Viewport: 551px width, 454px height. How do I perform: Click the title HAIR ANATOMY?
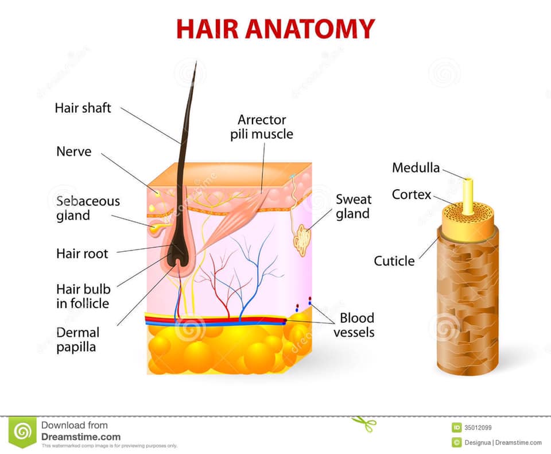(275, 29)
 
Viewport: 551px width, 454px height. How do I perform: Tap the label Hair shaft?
(83, 107)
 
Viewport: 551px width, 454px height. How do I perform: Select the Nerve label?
(74, 151)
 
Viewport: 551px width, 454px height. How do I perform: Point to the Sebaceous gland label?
(88, 208)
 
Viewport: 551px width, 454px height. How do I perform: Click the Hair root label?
(82, 253)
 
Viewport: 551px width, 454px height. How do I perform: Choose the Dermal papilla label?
(77, 340)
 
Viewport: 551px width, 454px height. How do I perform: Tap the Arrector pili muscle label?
(262, 126)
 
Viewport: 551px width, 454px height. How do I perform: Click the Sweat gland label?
(353, 206)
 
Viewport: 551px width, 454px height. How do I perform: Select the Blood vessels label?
(354, 325)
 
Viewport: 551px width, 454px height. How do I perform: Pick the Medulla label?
(416, 168)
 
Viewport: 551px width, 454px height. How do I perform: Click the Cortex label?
(411, 194)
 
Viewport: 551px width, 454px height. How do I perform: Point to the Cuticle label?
(394, 261)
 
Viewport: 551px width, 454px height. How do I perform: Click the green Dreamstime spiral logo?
(22, 433)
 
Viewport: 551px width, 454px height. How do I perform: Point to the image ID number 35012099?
(478, 428)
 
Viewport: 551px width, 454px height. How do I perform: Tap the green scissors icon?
(364, 424)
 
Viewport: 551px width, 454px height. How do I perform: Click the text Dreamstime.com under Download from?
(81, 437)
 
